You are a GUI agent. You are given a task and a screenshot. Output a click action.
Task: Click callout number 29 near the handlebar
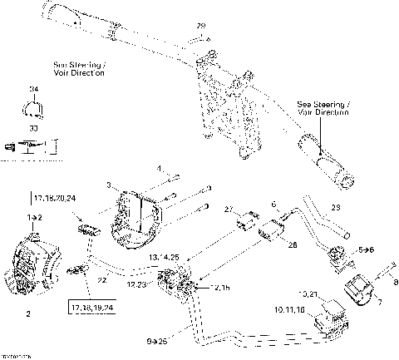point(200,27)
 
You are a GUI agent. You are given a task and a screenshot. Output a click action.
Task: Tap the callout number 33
point(34,129)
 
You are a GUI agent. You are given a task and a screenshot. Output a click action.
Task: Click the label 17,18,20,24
point(55,198)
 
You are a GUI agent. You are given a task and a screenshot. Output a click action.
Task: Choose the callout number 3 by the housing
point(108,185)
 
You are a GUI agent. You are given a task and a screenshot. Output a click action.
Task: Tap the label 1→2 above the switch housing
point(32,216)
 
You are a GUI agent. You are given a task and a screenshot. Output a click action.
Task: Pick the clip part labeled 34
point(33,107)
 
